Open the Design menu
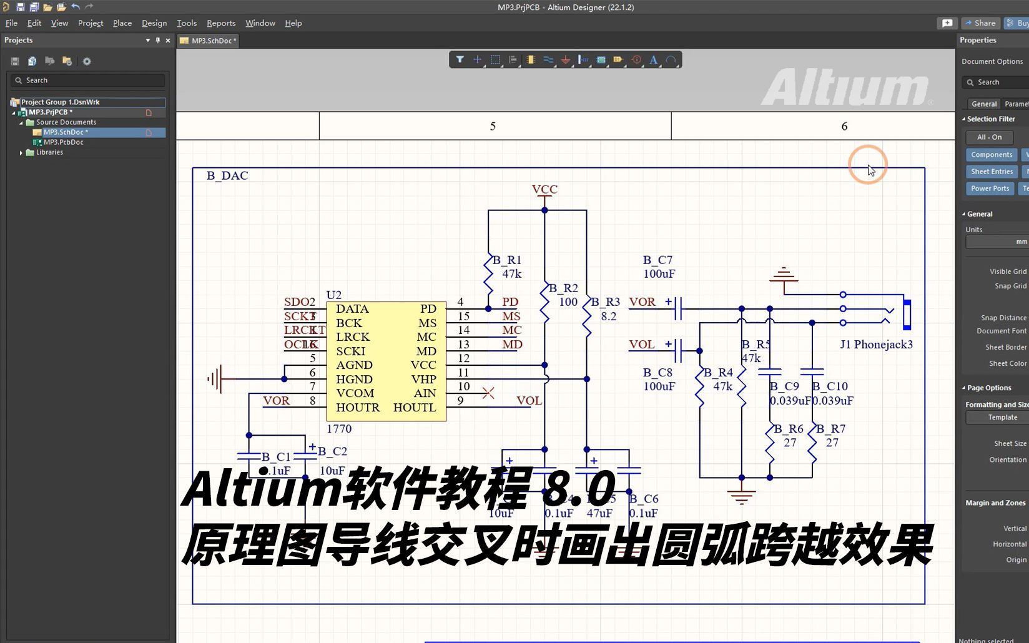tap(154, 23)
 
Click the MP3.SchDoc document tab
tap(213, 41)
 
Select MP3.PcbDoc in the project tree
tap(63, 142)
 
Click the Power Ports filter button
tap(989, 189)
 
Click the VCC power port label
tap(544, 189)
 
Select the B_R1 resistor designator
tap(506, 260)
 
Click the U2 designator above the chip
tap(333, 295)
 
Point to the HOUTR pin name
tap(357, 408)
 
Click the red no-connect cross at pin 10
tap(488, 393)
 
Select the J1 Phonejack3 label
tap(875, 345)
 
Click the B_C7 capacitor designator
tap(657, 260)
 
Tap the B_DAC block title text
tap(227, 176)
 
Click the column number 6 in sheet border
tap(844, 127)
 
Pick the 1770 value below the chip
tap(339, 429)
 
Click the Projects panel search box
tap(87, 81)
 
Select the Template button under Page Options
tap(1002, 418)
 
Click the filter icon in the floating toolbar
tap(460, 60)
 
